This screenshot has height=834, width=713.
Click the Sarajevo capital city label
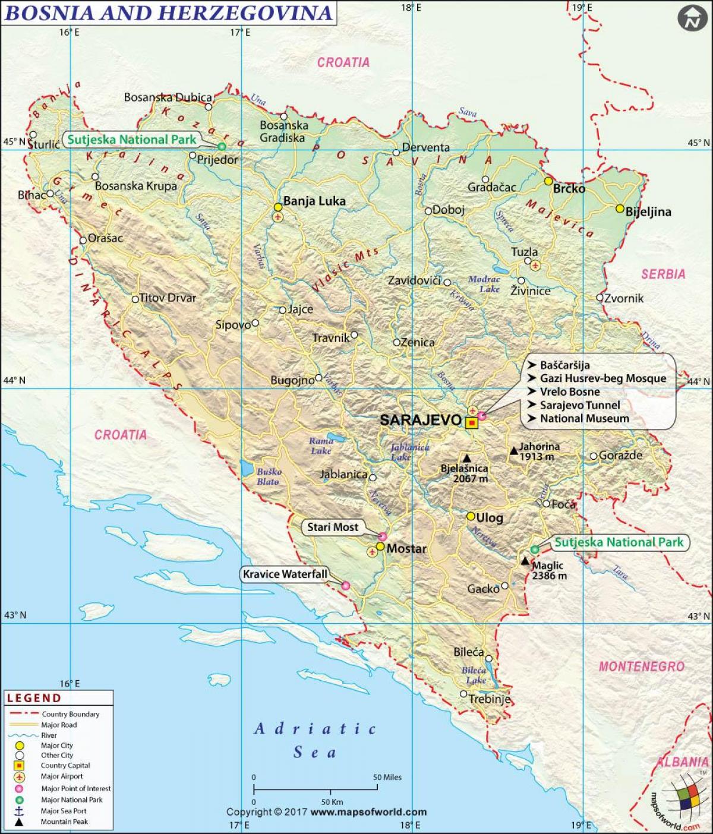pyautogui.click(x=420, y=419)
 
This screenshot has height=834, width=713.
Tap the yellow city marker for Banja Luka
pyautogui.click(x=277, y=207)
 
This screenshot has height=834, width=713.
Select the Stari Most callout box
pyautogui.click(x=333, y=527)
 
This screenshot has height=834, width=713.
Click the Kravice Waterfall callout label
pyautogui.click(x=285, y=574)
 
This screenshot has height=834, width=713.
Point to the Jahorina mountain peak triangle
pyautogui.click(x=513, y=451)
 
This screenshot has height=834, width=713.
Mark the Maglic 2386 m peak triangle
pyautogui.click(x=525, y=561)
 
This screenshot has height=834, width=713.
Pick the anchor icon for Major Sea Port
pyautogui.click(x=19, y=811)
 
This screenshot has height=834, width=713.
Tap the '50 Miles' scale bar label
pyautogui.click(x=387, y=777)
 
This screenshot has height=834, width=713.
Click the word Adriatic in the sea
pyautogui.click(x=315, y=729)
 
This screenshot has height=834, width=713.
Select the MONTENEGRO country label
pyautogui.click(x=641, y=666)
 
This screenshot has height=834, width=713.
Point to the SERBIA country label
pyautogui.click(x=663, y=274)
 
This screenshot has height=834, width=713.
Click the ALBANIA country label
pyautogui.click(x=682, y=762)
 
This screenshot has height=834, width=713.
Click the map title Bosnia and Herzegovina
pyautogui.click(x=168, y=12)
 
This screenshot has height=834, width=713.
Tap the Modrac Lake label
pyautogui.click(x=485, y=284)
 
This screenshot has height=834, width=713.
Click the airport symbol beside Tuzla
pyautogui.click(x=535, y=264)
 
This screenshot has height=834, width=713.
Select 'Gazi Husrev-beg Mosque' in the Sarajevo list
pyautogui.click(x=602, y=378)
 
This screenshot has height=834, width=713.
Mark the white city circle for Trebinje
pyautogui.click(x=463, y=694)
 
